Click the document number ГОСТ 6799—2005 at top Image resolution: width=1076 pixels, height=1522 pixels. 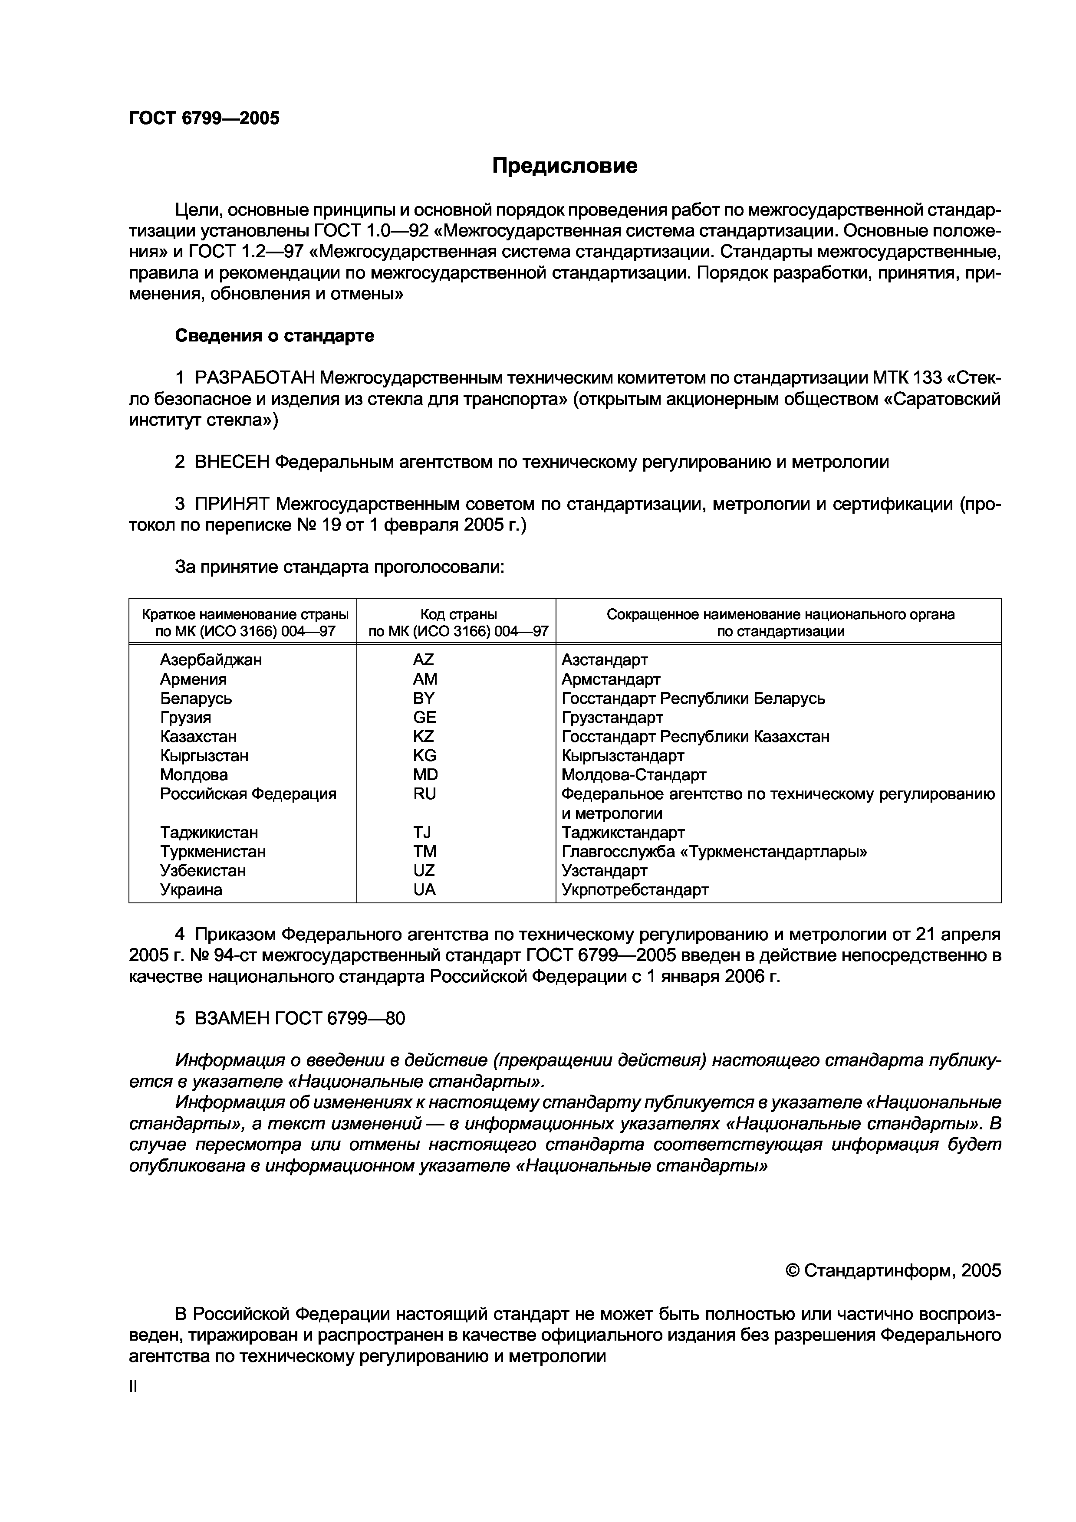pyautogui.click(x=204, y=118)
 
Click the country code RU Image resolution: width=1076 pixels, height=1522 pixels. pyautogui.click(x=424, y=794)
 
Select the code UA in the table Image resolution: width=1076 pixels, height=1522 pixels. pyautogui.click(x=424, y=889)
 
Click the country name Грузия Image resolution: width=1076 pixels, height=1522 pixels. pyautogui.click(x=186, y=717)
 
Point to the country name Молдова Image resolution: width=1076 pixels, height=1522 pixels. pyautogui.click(x=194, y=774)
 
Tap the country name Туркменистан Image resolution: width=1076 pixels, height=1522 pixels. pyautogui.click(x=213, y=851)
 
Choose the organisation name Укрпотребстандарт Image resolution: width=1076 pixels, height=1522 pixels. pyautogui.click(x=635, y=889)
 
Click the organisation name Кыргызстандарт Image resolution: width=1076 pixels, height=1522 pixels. pyautogui.click(x=622, y=756)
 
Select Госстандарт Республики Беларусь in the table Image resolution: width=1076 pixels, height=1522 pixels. pyautogui.click(x=693, y=698)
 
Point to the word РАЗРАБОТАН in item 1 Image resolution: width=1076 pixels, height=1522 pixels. pyautogui.click(x=255, y=378)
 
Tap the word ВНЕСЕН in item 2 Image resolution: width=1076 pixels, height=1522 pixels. pyautogui.click(x=232, y=462)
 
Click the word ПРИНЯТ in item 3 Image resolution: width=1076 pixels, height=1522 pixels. pyautogui.click(x=232, y=505)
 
